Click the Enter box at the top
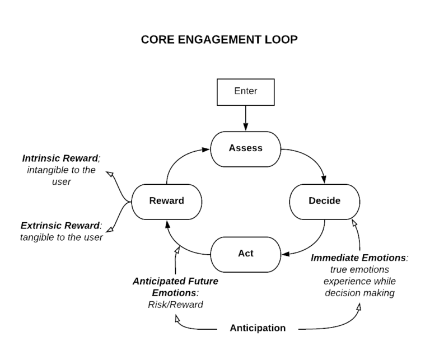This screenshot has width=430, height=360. tap(245, 92)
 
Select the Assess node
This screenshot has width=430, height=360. tap(245, 149)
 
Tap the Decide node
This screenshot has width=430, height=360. tap(324, 202)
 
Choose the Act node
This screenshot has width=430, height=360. tap(245, 254)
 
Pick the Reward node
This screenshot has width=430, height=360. tap(167, 202)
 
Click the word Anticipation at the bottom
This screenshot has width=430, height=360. tap(258, 328)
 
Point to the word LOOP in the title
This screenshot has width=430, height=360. tap(281, 40)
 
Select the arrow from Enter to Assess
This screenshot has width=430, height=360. tap(245, 118)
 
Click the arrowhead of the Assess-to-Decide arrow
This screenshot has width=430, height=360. tap(324, 180)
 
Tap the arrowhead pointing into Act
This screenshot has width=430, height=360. tap(286, 254)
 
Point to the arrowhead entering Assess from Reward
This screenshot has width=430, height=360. tap(206, 149)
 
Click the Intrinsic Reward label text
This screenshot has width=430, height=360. tap(61, 158)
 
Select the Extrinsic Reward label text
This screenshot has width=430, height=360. tap(61, 226)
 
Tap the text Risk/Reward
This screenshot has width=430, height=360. tap(175, 305)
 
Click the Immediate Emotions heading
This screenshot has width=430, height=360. tap(359, 258)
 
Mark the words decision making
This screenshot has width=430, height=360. tap(360, 293)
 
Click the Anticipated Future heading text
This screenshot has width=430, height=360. tap(175, 281)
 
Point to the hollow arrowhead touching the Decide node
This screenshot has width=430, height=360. tap(354, 223)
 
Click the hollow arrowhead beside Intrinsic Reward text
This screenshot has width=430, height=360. tap(110, 174)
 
